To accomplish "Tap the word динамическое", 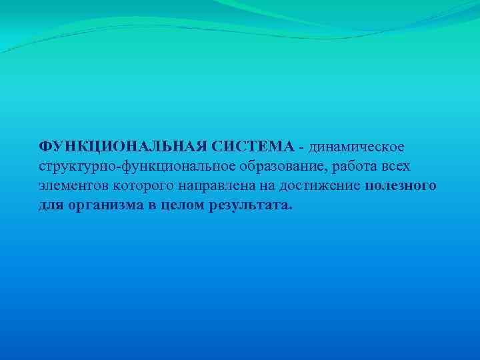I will pos(356,146).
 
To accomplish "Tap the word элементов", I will pos(70,185).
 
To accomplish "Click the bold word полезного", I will pos(401,185).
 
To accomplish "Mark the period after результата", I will pos(290,207).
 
